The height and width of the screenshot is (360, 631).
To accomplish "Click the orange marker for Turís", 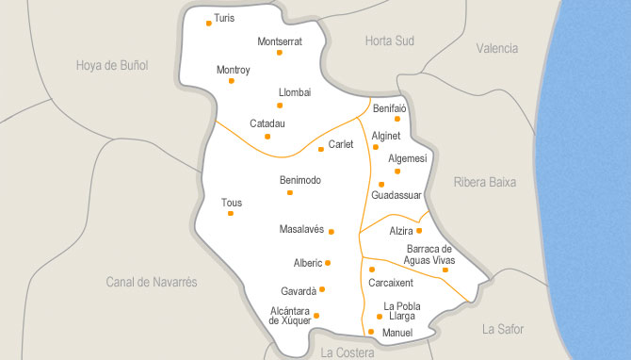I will pyautogui.click(x=208, y=24).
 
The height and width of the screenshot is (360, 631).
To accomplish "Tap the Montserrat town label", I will pyautogui.click(x=280, y=41).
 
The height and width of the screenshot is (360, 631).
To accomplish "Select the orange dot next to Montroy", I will pyautogui.click(x=231, y=81).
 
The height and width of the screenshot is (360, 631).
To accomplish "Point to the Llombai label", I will pyautogui.click(x=295, y=92).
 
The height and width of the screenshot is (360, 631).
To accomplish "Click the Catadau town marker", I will pyautogui.click(x=267, y=136).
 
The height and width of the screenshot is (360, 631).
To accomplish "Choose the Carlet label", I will pyautogui.click(x=341, y=144).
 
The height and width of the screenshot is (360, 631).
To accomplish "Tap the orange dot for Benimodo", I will pyautogui.click(x=289, y=192).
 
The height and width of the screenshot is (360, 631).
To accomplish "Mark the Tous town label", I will pyautogui.click(x=231, y=202).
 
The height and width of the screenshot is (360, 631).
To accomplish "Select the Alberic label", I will pyautogui.click(x=307, y=263).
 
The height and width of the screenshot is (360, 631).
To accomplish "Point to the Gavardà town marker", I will pyautogui.click(x=322, y=289).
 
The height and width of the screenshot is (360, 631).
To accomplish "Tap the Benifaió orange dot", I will pyautogui.click(x=397, y=119).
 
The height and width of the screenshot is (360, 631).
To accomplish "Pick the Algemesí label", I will pyautogui.click(x=408, y=158).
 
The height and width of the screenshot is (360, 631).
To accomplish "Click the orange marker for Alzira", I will pyautogui.click(x=419, y=230).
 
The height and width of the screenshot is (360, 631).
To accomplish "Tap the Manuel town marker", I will pyautogui.click(x=371, y=331).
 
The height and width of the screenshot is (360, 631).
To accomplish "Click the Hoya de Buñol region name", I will pyautogui.click(x=112, y=65).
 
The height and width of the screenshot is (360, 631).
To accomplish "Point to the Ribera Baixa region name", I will pyautogui.click(x=484, y=182).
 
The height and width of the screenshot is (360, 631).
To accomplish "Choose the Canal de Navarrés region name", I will pyautogui.click(x=152, y=282).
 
